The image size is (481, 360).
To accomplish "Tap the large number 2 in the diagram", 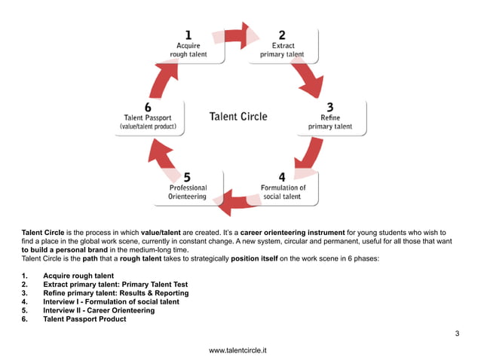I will point(282,34).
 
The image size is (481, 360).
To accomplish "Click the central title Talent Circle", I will point(237,116).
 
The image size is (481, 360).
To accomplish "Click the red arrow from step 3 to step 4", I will point(309,157).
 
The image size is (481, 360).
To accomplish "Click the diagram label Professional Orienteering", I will point(188,192).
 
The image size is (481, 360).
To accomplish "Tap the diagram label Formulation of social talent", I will point(283,192).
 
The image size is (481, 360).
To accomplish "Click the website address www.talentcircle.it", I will point(239,351).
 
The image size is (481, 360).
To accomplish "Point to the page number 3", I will point(457,333).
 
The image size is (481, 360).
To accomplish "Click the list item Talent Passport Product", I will point(84,319).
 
